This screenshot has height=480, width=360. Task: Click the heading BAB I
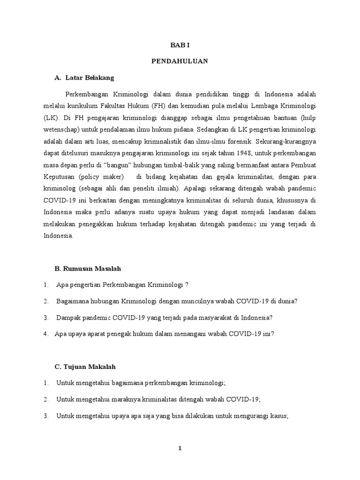click(x=180, y=45)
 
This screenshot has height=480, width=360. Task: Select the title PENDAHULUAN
click(x=180, y=61)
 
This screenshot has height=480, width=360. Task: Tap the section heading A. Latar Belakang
click(x=84, y=77)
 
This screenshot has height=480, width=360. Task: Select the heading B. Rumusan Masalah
click(x=88, y=269)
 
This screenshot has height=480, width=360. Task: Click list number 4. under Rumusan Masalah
click(x=45, y=334)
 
